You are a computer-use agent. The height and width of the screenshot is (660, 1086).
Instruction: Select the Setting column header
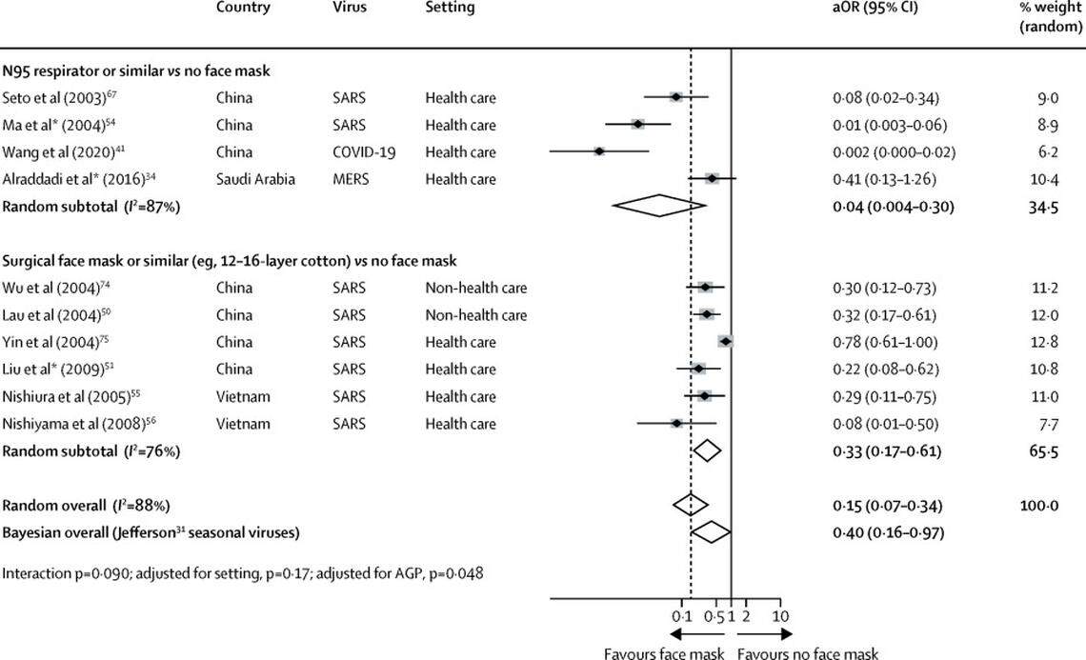click(450, 8)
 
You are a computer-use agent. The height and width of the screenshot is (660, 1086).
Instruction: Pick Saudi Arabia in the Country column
click(255, 178)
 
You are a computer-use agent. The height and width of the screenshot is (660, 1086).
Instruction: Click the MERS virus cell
click(350, 178)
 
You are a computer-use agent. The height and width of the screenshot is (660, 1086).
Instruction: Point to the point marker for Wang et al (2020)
click(599, 151)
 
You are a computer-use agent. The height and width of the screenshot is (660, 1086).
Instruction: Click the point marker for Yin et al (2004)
click(725, 342)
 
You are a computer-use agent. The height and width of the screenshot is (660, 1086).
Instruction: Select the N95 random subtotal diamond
click(658, 206)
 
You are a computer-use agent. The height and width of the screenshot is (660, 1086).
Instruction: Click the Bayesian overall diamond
click(711, 531)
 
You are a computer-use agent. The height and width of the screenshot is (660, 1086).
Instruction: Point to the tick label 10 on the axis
click(780, 617)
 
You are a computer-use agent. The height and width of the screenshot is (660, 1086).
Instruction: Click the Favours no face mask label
click(807, 652)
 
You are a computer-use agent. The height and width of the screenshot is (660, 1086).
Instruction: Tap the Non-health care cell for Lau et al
click(476, 315)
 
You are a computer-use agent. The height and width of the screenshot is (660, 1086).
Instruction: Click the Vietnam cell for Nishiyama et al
click(242, 424)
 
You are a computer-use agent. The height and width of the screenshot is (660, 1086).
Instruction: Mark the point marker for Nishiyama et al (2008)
click(675, 424)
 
